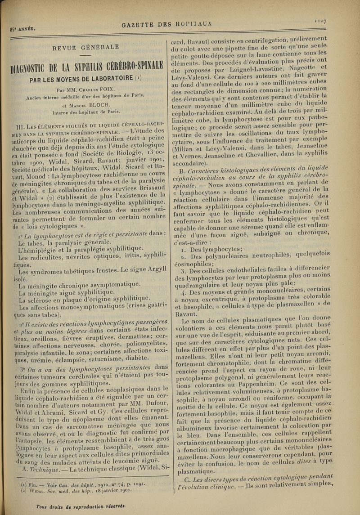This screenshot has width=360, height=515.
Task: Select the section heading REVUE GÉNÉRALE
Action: point(85,46)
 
